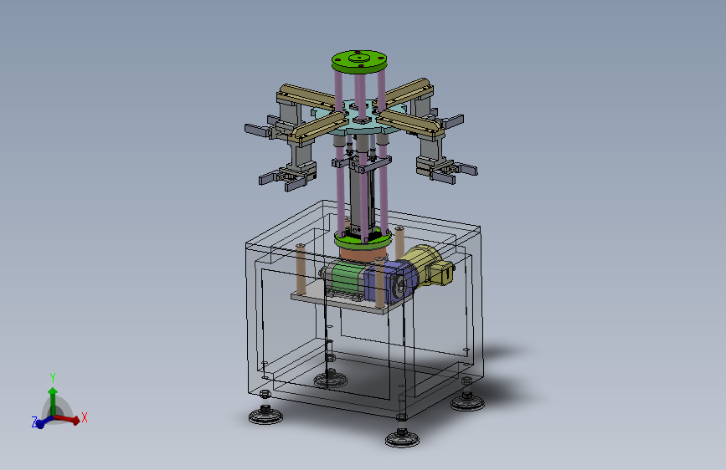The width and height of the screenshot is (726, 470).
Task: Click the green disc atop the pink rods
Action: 359,62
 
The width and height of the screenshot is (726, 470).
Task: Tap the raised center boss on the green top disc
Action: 359,59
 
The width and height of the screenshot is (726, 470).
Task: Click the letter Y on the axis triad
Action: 53,377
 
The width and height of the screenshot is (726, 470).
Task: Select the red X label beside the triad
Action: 85,417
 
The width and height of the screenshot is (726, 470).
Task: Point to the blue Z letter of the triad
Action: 34,421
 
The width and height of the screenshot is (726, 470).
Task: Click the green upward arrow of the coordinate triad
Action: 53,401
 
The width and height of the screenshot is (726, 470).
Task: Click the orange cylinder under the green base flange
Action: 363,254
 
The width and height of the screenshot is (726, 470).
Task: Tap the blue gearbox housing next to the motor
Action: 390,281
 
